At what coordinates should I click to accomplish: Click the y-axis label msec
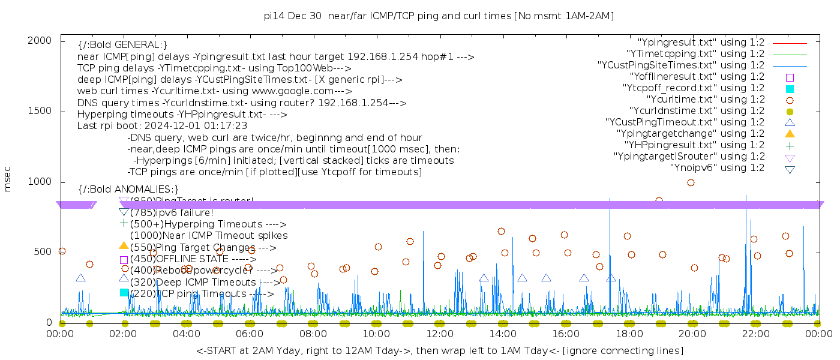point(8,179)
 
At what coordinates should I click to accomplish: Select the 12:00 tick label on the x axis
point(440,334)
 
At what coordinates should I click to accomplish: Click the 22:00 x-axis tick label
point(755,334)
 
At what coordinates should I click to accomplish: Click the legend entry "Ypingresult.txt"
point(701,43)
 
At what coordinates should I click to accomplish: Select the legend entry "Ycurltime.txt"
point(705,100)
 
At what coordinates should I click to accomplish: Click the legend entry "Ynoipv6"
point(717,168)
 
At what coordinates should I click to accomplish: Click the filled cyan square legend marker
point(790,89)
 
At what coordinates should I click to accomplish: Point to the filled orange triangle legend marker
point(790,134)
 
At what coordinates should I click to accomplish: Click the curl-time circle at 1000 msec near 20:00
point(691,183)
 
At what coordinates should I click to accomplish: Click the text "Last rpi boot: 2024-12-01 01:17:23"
point(162,126)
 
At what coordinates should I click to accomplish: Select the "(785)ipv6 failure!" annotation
point(172,212)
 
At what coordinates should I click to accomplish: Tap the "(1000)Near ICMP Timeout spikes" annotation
point(209,236)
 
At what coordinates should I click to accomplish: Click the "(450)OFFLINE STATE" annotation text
point(192,259)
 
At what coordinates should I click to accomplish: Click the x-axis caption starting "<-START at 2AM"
point(439,350)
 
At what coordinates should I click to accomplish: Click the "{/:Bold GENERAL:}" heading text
point(122,46)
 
